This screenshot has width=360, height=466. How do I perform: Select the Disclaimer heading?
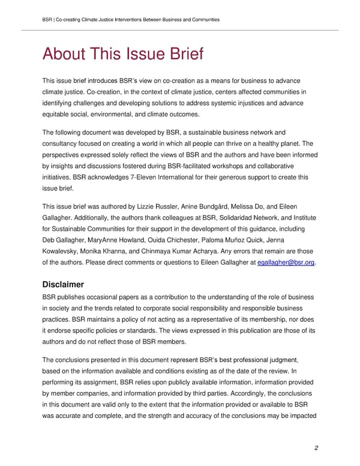pos(67,283)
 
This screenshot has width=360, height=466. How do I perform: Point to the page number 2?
pos(316,449)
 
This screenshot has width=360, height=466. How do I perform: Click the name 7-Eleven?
pos(161,178)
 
